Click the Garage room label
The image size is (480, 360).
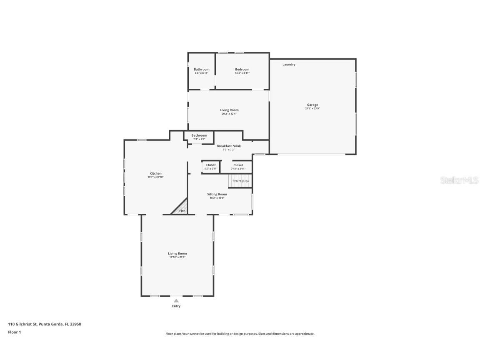point(312,105)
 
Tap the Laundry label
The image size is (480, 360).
point(289,65)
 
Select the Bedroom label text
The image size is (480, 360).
point(242,69)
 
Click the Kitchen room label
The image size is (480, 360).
point(155,173)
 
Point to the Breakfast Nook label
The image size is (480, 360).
point(229,146)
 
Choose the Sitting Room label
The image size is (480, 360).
point(217,194)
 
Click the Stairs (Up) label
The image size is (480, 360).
point(240,181)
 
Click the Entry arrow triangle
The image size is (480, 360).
point(176,300)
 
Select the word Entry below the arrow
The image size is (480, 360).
point(176,306)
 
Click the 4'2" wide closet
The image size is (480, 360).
point(211,167)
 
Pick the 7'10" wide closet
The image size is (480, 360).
point(238,167)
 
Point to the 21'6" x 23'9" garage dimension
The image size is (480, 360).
point(312,109)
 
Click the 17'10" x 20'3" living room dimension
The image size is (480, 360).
point(177,257)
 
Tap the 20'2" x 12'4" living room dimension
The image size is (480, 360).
point(229,114)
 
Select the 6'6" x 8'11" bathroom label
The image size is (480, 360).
point(201,73)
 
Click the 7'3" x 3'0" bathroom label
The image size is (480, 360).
point(199,139)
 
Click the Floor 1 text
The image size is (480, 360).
point(14,332)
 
